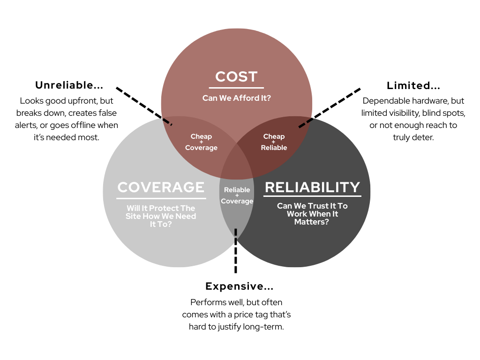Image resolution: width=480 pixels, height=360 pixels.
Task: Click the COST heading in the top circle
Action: [236, 77]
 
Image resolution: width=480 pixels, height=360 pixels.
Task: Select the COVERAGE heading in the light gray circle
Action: [161, 187]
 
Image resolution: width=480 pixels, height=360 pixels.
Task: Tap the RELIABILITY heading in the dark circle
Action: [312, 187]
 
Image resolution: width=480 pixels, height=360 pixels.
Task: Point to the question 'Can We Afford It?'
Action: [236, 98]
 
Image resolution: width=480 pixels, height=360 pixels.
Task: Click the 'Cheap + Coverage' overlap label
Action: [201, 142]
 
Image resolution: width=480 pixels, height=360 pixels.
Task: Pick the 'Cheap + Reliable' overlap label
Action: [274, 142]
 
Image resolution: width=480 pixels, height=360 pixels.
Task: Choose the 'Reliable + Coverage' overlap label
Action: [237, 195]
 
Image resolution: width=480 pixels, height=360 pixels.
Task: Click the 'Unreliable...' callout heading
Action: [69, 85]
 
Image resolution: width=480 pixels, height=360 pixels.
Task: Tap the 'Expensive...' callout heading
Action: [239, 286]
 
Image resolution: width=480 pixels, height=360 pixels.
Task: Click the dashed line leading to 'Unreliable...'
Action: [143, 105]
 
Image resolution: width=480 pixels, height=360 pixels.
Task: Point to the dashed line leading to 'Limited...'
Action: [330, 107]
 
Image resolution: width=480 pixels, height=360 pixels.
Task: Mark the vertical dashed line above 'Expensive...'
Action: [235, 250]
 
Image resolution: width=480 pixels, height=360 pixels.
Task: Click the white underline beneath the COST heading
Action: [236, 87]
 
